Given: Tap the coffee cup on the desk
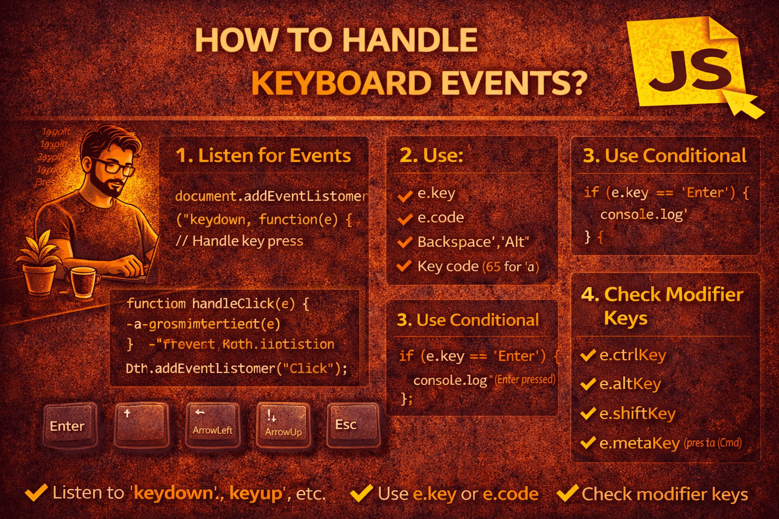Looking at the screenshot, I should point(83,281).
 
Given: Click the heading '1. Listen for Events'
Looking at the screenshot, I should point(263,156).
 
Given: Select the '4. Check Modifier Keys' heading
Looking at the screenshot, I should point(662,306).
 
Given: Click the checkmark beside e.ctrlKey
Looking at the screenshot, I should point(588,356).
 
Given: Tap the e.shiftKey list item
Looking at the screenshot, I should point(637,414).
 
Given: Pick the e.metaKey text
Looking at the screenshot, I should point(639,443).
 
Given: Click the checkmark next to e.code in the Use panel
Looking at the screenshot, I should point(405,219).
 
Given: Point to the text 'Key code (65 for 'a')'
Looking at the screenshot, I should point(478,267).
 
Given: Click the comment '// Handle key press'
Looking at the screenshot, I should point(239,241).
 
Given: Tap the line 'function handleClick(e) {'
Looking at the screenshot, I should point(218,304).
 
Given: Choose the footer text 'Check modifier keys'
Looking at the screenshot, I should point(664,494).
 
